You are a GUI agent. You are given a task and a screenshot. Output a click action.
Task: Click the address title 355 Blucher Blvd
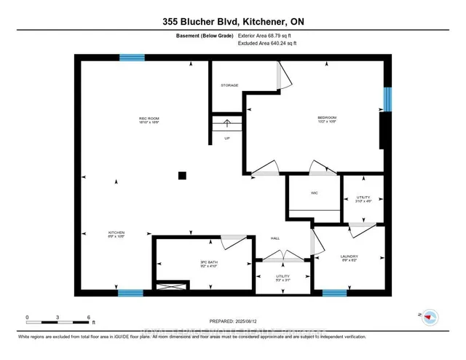click(232, 22)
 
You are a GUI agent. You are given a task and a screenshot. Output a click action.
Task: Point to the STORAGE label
click(229, 85)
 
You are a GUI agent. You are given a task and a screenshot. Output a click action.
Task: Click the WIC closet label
click(315, 193)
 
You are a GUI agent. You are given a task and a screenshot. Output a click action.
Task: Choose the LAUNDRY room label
click(349, 257)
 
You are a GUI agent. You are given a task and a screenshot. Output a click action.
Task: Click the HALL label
click(276, 238)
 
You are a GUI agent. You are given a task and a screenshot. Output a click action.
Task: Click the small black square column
click(183, 175)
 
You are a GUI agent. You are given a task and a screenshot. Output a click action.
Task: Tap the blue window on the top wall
click(132, 58)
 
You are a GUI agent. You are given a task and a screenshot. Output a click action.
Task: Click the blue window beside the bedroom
click(387, 99)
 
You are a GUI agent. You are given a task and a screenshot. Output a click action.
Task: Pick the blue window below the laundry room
click(334, 294)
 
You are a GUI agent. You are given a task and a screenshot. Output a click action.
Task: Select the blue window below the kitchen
click(130, 294)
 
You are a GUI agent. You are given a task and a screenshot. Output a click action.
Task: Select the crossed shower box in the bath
click(173, 287)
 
